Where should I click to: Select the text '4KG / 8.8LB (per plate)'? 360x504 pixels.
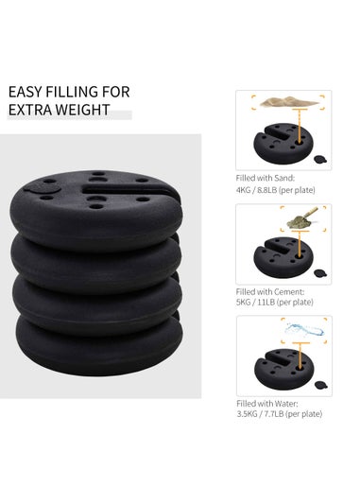282,188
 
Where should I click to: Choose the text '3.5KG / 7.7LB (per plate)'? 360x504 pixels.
286,414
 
